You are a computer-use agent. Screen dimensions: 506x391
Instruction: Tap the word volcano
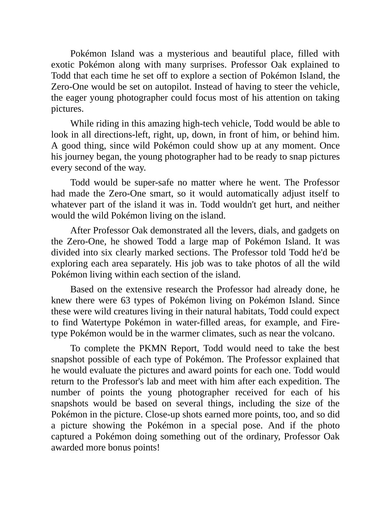click(318, 333)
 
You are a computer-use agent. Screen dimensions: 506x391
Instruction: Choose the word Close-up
click(162, 415)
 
